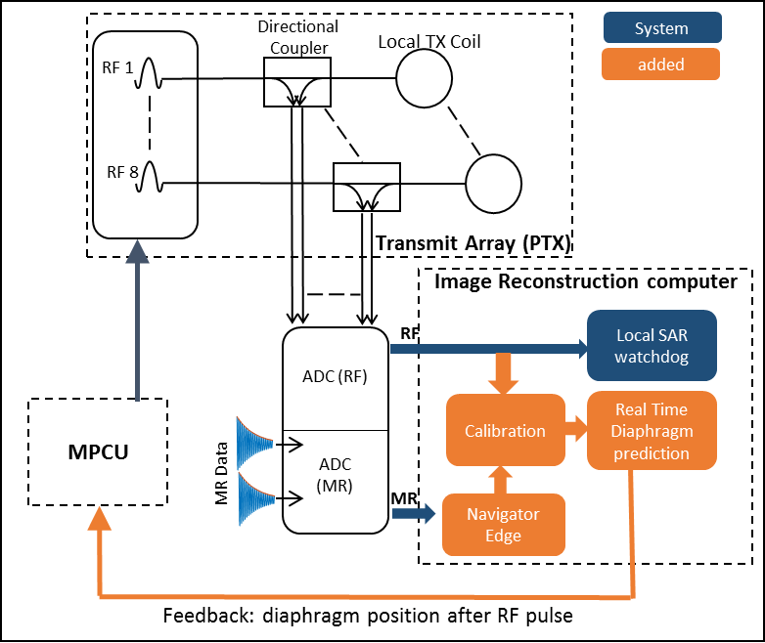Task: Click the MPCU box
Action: click(98, 451)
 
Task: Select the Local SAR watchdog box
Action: click(652, 345)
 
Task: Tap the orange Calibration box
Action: click(505, 430)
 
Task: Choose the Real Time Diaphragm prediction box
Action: click(652, 431)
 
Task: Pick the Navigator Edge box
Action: click(503, 524)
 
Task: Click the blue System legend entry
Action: click(661, 27)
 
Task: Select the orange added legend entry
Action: click(661, 64)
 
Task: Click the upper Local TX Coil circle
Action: click(424, 76)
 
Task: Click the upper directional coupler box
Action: click(296, 82)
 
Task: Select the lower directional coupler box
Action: click(366, 186)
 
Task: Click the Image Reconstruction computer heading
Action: click(585, 281)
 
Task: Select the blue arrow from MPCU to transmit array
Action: click(137, 327)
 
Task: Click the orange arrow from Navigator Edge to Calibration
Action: click(503, 479)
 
